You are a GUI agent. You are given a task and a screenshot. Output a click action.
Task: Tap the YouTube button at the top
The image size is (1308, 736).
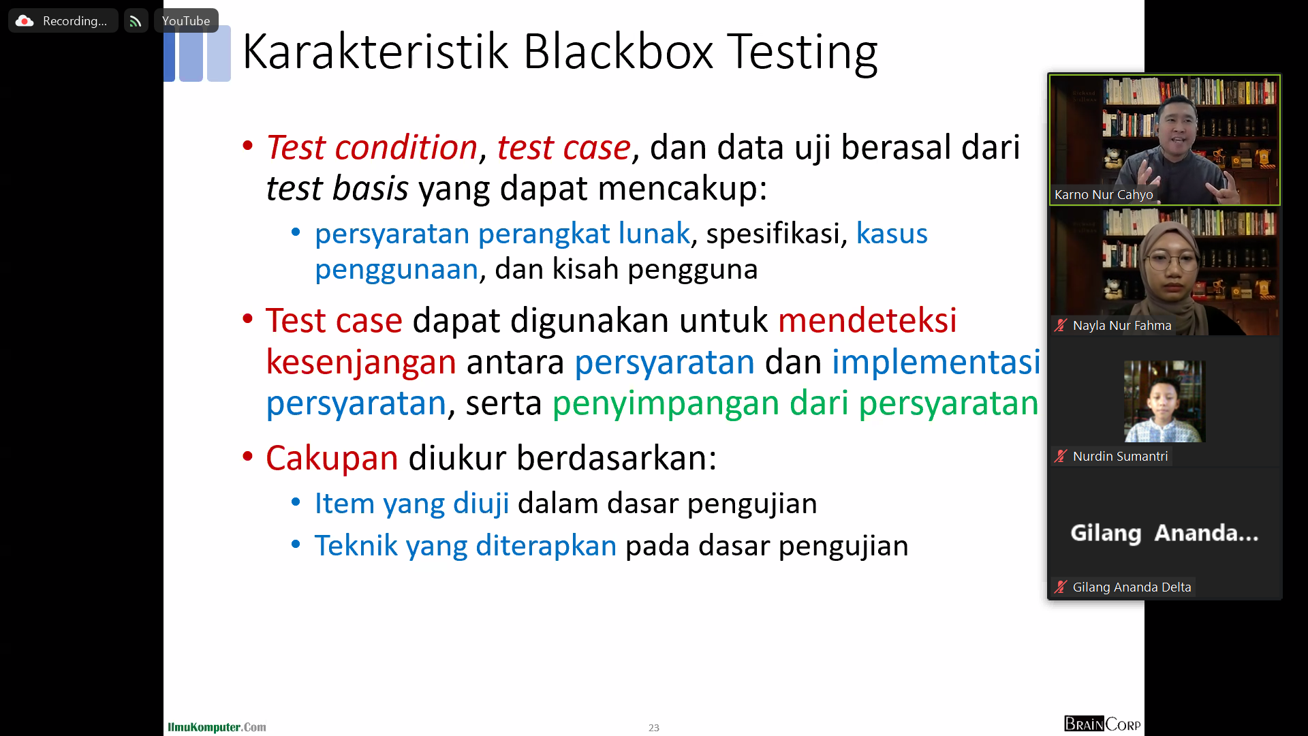point(186,20)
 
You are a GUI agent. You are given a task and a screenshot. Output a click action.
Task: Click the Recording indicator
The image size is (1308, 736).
point(63,20)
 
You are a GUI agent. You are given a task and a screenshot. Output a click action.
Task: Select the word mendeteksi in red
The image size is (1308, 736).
point(867,320)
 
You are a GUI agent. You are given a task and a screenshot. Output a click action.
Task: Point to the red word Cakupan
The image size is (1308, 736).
point(332,457)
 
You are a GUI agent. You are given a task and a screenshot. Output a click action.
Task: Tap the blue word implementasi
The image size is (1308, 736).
point(936,361)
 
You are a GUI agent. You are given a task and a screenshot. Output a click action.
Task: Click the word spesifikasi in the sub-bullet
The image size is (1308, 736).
point(773,234)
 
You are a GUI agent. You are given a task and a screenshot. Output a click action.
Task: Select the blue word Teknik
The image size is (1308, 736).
point(356,545)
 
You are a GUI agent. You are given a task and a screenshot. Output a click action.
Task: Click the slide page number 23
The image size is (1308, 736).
point(654,728)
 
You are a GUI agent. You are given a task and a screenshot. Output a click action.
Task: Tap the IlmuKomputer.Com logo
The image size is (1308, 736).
point(217,727)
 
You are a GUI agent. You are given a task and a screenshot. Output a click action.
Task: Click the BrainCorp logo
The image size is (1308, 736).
point(1102,724)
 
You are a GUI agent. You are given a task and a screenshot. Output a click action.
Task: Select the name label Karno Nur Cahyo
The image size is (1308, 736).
point(1104,195)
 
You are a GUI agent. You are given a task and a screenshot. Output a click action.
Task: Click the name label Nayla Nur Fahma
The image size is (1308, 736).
point(1122,326)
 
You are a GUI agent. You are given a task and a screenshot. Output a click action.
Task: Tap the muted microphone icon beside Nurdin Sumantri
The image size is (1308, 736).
point(1061,456)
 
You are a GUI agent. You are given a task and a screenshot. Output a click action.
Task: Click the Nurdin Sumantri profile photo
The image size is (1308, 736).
point(1164,401)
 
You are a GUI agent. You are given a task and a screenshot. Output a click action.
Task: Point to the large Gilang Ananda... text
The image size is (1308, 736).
point(1164,533)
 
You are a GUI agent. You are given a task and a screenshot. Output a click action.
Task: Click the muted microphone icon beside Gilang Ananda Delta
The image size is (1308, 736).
point(1061,587)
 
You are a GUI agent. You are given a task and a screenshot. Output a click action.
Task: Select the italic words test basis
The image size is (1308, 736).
point(337,188)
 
